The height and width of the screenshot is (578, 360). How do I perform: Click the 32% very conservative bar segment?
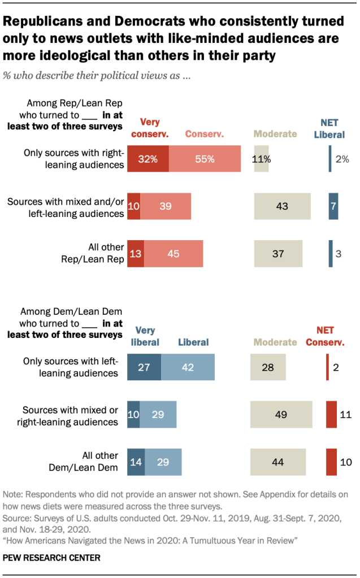(x=148, y=159)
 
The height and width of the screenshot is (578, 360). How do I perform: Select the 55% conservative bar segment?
(x=205, y=159)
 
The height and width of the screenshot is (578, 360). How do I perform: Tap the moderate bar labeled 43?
(x=282, y=206)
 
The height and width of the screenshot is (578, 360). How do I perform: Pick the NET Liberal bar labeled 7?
(x=333, y=206)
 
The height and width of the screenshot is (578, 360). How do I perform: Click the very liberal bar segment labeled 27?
(x=144, y=367)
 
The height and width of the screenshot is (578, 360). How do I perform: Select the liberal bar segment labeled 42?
(x=188, y=367)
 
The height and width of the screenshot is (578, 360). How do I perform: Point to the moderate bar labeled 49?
(x=281, y=415)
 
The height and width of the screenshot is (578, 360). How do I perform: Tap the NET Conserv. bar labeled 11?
(x=331, y=415)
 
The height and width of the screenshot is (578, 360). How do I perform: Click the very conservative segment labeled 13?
(x=136, y=254)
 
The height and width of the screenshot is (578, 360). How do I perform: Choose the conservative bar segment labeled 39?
(x=166, y=206)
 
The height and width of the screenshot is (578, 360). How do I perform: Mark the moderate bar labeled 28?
(x=268, y=367)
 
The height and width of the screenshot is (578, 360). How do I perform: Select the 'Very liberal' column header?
(x=146, y=336)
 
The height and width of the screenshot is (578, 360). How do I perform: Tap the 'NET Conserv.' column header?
(x=329, y=336)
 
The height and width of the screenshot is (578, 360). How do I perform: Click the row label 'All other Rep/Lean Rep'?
(x=97, y=254)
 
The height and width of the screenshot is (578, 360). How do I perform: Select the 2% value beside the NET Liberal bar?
(x=342, y=159)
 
